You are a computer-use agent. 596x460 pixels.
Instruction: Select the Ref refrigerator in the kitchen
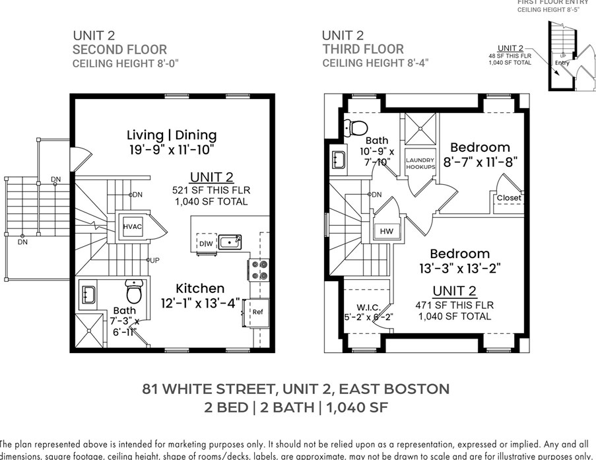[x=257, y=312]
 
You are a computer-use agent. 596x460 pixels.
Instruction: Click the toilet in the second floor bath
[x=135, y=291]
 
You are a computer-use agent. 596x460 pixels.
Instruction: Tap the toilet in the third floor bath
[x=359, y=127]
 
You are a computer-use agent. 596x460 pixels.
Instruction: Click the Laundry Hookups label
[x=420, y=164]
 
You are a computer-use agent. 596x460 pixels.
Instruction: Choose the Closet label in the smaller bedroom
[x=509, y=197]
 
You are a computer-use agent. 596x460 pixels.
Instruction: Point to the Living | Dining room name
[x=172, y=135]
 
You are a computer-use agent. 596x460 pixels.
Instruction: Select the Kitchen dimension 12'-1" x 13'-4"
[x=199, y=304]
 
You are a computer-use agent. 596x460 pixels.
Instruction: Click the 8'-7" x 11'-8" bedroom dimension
[x=480, y=161]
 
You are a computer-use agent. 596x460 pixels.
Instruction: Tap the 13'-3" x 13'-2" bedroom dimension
[x=459, y=268]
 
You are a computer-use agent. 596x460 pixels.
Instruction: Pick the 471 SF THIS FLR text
[x=454, y=305]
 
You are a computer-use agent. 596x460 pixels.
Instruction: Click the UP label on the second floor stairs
[x=154, y=260]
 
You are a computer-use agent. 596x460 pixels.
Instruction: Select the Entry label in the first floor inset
[x=562, y=63]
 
